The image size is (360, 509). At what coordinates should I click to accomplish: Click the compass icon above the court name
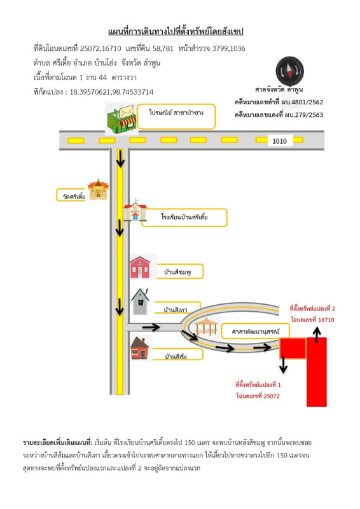[289, 71]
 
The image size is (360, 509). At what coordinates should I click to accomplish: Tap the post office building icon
[121, 118]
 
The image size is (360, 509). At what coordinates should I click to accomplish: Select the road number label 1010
[279, 141]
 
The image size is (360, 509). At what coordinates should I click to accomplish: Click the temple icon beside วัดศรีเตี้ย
[98, 189]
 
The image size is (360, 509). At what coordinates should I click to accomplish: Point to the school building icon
[135, 210]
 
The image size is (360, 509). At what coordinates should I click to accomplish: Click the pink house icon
[140, 267]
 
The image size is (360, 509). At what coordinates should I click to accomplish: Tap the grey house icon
[140, 301]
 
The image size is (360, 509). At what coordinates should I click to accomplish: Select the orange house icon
[140, 348]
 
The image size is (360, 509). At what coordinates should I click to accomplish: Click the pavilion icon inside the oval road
[205, 326]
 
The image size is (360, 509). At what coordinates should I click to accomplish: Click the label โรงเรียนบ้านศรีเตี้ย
[184, 217]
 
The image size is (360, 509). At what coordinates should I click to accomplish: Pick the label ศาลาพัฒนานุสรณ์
[255, 331]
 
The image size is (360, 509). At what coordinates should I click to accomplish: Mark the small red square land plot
[293, 348]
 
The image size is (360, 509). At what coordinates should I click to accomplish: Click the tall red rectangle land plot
[317, 372]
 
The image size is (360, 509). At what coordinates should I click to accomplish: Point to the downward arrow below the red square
[284, 364]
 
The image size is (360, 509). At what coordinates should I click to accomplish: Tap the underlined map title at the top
[176, 31]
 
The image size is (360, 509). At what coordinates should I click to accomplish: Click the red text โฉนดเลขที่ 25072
[258, 396]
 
